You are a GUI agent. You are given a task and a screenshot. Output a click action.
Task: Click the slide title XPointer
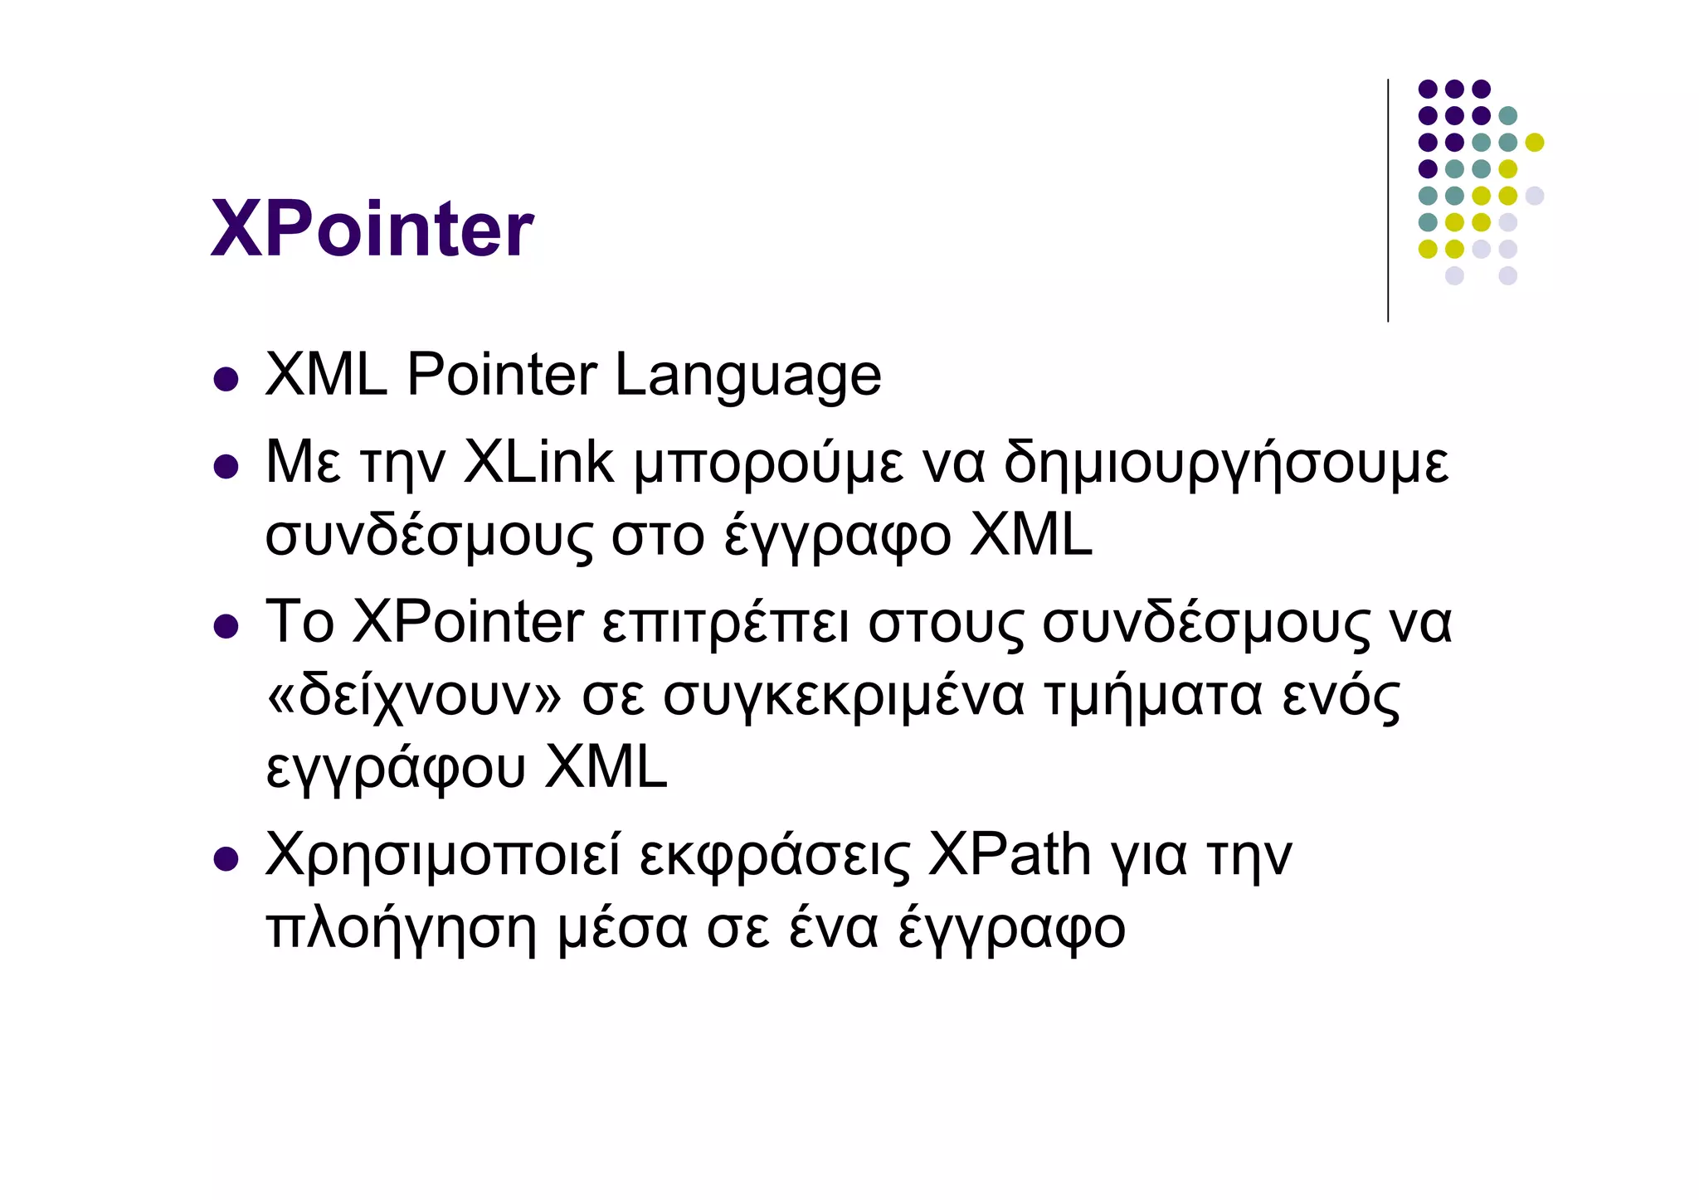point(372,229)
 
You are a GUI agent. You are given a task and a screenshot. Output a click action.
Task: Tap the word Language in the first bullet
point(747,377)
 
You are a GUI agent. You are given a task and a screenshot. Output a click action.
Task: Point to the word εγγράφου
point(396,770)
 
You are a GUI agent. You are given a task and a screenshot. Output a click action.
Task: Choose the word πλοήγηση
point(402,929)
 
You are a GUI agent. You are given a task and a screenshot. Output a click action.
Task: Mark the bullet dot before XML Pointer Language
point(226,380)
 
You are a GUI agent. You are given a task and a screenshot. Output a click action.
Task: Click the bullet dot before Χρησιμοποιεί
point(226,859)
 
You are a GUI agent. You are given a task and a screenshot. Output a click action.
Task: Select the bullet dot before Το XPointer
point(226,626)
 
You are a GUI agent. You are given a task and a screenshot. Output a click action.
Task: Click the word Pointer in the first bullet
point(501,375)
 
